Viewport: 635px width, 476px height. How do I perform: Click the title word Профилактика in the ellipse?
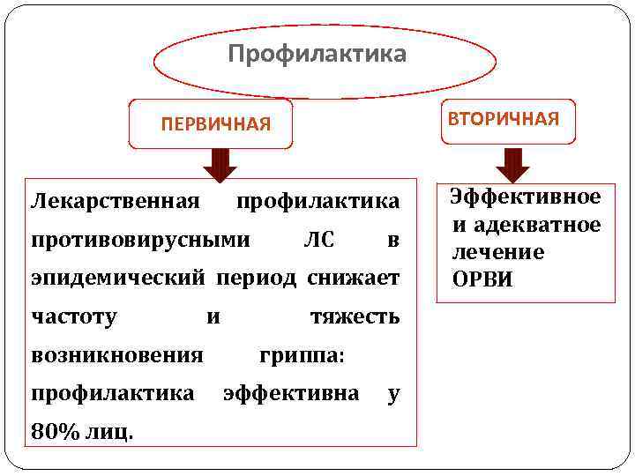point(317,55)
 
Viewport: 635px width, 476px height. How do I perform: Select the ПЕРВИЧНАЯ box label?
point(216,123)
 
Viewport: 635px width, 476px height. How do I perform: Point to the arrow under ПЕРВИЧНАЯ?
point(220,165)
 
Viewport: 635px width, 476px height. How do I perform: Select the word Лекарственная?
point(115,201)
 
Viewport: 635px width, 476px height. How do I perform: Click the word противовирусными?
point(141,240)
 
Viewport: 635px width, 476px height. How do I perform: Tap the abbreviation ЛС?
point(318,240)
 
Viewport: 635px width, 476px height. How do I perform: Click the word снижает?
point(353,279)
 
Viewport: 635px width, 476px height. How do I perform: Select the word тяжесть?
point(355,316)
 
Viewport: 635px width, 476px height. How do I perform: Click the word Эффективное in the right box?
point(526,197)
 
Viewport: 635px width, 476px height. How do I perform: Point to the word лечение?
point(498,252)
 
